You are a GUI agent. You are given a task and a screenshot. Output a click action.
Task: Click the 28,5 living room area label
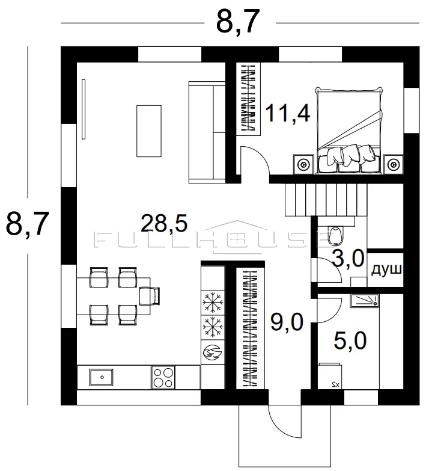(x=164, y=224)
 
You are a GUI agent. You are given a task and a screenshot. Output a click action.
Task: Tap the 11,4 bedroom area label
(x=288, y=114)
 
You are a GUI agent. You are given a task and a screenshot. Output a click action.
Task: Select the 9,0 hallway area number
(x=287, y=322)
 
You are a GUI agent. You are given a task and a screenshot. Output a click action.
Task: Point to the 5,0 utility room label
(x=350, y=340)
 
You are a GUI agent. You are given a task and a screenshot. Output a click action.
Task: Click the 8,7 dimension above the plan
(x=237, y=22)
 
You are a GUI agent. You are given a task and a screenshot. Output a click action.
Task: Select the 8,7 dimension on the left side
(x=27, y=224)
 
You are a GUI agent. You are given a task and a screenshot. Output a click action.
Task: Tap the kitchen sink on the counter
(x=101, y=378)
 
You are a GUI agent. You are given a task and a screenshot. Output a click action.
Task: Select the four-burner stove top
(x=163, y=377)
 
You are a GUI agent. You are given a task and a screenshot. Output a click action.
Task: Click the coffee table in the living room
(x=149, y=131)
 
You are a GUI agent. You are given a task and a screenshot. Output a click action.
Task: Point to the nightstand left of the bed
(x=303, y=164)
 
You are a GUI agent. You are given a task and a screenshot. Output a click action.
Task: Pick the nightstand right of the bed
(x=393, y=164)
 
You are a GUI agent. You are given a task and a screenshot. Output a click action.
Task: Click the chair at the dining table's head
(x=150, y=296)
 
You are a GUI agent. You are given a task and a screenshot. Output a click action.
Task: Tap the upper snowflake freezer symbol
(x=213, y=302)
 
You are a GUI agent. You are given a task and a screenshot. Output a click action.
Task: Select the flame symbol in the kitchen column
(x=213, y=352)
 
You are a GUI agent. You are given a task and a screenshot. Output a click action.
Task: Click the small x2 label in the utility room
(x=335, y=385)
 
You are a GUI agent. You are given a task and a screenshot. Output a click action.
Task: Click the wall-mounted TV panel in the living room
(x=84, y=109)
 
